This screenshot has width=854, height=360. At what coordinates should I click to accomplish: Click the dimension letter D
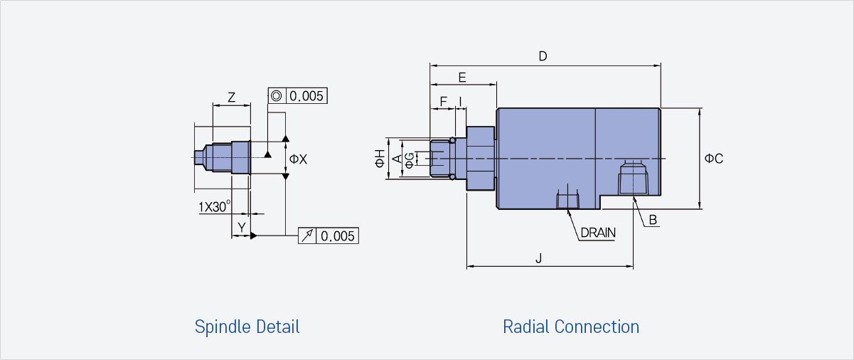(543, 56)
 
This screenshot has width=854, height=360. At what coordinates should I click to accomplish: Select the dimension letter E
(462, 78)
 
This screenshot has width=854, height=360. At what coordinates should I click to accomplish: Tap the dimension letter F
(443, 102)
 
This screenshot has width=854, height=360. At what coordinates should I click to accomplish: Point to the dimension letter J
(539, 258)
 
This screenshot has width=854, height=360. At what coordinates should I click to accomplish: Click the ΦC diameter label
(714, 159)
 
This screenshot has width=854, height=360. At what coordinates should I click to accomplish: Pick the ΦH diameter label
(380, 159)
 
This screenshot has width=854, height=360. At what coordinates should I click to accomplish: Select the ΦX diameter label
(298, 159)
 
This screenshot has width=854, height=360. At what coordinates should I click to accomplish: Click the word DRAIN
(598, 233)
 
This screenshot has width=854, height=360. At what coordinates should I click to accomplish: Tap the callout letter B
(653, 220)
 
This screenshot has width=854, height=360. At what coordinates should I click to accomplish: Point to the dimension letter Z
(231, 97)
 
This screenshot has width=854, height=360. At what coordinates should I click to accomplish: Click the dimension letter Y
(242, 227)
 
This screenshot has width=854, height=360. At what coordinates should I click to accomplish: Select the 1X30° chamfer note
(215, 207)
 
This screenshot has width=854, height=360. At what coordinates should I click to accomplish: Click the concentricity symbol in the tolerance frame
(277, 96)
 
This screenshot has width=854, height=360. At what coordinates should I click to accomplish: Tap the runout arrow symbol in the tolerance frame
(307, 235)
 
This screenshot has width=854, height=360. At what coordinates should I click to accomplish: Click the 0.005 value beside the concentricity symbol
(306, 96)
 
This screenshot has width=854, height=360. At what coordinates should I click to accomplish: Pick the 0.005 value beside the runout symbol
(338, 236)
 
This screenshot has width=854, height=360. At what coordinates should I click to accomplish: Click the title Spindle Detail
(247, 327)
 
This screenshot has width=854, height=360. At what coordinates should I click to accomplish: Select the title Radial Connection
(571, 327)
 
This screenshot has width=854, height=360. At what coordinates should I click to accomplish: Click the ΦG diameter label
(409, 161)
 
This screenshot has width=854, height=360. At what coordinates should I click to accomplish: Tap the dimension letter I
(461, 102)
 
